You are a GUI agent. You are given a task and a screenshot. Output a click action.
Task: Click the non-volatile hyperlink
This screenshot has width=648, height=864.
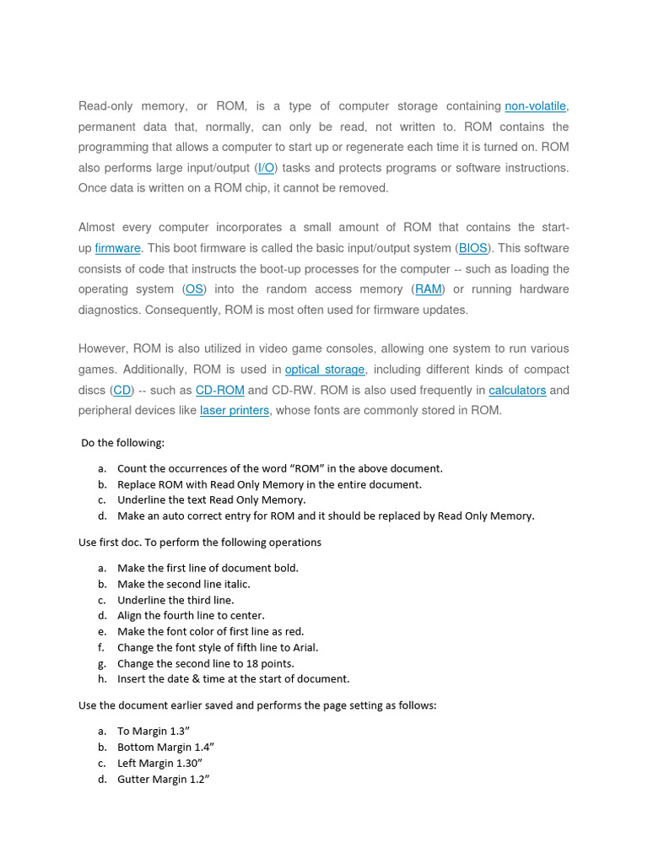[535, 106]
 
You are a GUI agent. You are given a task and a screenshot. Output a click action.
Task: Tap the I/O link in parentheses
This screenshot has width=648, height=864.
[267, 168]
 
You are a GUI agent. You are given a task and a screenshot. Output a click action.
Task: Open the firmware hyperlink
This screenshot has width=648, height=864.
[117, 248]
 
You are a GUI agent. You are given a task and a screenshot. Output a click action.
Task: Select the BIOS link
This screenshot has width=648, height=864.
[473, 248]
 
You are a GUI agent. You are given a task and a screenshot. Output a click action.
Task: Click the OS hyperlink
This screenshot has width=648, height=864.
[194, 289]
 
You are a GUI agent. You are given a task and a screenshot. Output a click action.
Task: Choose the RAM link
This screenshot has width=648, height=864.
[429, 289]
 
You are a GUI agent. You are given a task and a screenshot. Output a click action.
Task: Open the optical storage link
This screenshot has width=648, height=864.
[325, 370]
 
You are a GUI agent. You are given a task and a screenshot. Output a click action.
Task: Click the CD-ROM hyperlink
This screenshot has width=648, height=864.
[219, 391]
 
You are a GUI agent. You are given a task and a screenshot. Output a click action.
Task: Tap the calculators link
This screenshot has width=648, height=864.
[517, 391]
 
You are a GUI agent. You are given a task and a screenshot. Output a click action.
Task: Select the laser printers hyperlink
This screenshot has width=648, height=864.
[235, 411]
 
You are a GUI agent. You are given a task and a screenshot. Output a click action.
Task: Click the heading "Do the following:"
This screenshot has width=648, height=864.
[123, 443]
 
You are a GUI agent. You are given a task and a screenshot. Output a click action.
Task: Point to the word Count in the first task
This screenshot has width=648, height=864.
[132, 468]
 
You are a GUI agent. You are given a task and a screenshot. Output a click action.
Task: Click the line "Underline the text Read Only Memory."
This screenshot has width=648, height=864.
[211, 500]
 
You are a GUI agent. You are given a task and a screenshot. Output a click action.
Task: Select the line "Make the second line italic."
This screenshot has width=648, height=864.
[183, 584]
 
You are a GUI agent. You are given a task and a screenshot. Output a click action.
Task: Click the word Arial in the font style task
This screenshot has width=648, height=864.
[304, 648]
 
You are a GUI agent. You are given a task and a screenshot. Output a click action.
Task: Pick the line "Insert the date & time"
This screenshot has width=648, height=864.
[233, 679]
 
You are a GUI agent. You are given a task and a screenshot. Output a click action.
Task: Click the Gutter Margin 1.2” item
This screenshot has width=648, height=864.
[163, 780]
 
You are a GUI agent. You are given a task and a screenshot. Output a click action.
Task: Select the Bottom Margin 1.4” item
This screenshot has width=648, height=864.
[165, 748]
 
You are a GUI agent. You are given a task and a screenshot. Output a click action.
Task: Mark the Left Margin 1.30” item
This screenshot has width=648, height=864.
[159, 764]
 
